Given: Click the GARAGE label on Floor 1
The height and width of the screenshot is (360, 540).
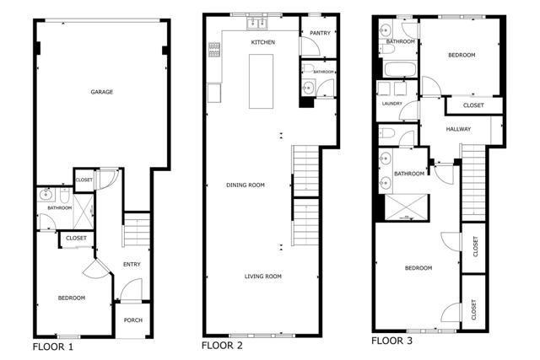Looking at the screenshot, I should pyautogui.click(x=101, y=92).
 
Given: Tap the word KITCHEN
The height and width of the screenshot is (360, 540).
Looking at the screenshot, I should pyautogui.click(x=263, y=41).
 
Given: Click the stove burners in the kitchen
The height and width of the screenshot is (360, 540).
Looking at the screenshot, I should pyautogui.click(x=214, y=51).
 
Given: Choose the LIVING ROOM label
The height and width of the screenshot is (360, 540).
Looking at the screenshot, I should pyautogui.click(x=262, y=276).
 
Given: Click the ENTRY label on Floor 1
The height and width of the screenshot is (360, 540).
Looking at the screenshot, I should pyautogui.click(x=132, y=264).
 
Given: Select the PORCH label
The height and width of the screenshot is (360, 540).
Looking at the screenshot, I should pyautogui.click(x=132, y=320).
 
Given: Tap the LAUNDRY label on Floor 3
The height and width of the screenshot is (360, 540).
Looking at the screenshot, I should pyautogui.click(x=391, y=104).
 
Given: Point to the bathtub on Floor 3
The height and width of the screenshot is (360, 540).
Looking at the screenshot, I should pyautogui.click(x=399, y=67).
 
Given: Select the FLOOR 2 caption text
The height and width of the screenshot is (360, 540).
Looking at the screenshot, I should pyautogui.click(x=222, y=346).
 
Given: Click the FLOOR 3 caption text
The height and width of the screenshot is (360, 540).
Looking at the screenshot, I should pyautogui.click(x=394, y=341).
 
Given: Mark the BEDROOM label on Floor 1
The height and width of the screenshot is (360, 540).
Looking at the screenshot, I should pyautogui.click(x=71, y=298).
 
